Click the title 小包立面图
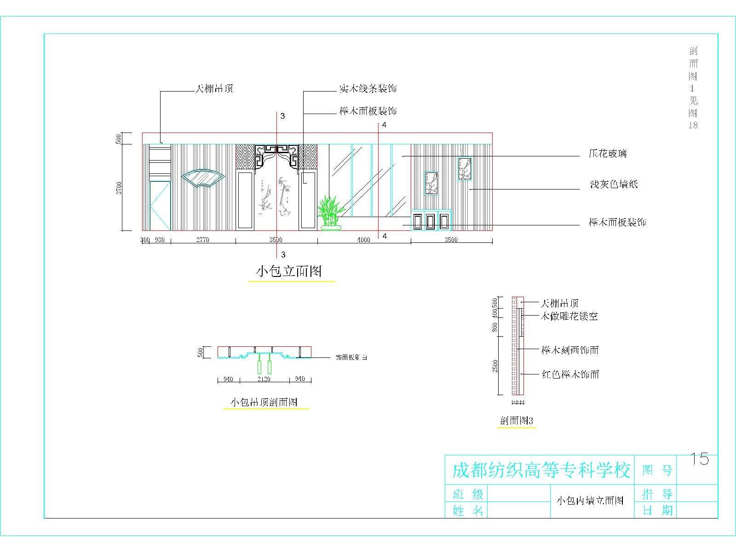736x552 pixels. [x=289, y=271]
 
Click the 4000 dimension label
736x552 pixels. [x=363, y=240]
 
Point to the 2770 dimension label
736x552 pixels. [x=202, y=240]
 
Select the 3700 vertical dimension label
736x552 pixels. [x=119, y=188]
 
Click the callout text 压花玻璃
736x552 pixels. [x=607, y=154]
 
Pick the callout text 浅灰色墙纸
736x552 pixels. [x=614, y=185]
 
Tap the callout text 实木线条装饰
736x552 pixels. [x=368, y=88]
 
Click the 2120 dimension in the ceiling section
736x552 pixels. [x=264, y=379]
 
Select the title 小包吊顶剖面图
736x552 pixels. [x=264, y=402]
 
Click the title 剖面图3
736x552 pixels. [x=516, y=421]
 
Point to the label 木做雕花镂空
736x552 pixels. [x=569, y=316]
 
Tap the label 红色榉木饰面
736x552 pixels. [x=570, y=374]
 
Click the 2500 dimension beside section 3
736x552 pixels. [x=495, y=366]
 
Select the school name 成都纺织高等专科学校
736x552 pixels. [x=540, y=471]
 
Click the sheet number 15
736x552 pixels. [x=699, y=459]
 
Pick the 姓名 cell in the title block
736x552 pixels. [x=468, y=510]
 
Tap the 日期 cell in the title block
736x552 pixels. [x=657, y=510]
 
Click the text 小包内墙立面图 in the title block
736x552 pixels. [x=590, y=500]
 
